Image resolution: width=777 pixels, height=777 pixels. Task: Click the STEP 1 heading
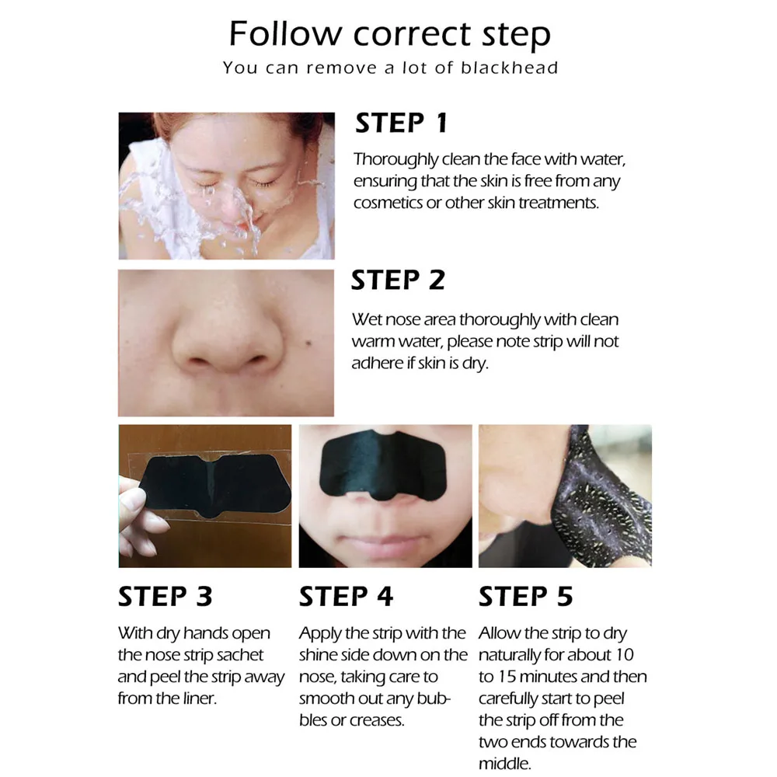(401, 123)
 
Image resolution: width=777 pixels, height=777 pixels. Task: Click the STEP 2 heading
(397, 280)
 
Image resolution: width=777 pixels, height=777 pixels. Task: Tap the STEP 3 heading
(165, 596)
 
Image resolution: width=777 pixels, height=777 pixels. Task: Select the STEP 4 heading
(346, 596)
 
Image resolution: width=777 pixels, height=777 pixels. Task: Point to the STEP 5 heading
(525, 596)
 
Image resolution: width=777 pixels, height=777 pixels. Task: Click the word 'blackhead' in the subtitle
(510, 68)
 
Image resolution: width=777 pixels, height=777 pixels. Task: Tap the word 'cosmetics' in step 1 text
(386, 203)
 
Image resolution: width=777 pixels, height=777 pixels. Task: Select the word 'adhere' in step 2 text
(376, 363)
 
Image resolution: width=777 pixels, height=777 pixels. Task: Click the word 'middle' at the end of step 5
(503, 764)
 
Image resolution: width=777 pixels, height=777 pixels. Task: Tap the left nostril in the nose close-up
(197, 364)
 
